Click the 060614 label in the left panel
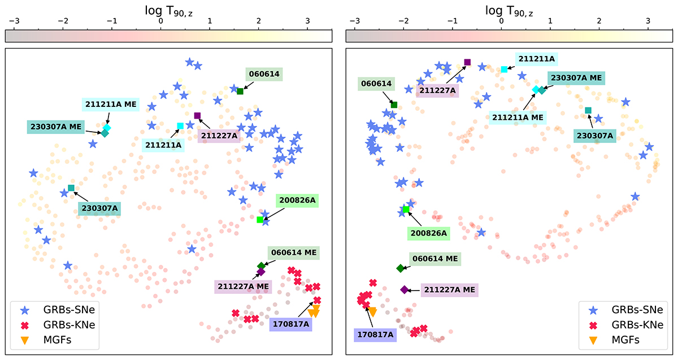coord(263,73)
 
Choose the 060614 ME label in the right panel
coord(435,259)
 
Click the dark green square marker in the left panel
coord(240,91)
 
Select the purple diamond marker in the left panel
coord(261,272)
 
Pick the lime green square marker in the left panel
coord(260,219)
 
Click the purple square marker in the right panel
coord(467,62)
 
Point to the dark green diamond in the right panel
coord(401,268)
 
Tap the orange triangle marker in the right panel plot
coord(373,311)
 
